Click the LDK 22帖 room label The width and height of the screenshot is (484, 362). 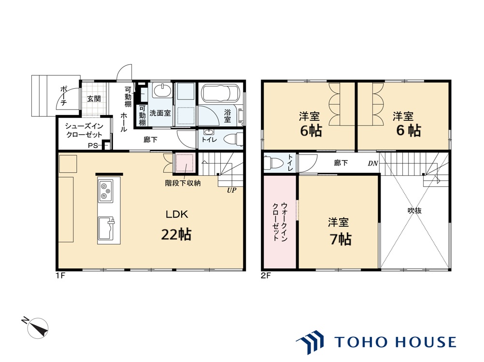click(x=177, y=225)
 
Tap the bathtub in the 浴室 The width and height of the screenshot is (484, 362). click(x=220, y=93)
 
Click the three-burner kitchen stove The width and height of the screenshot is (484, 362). click(x=106, y=191)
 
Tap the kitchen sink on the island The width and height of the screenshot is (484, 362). click(x=106, y=228)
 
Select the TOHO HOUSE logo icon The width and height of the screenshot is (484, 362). click(x=310, y=342)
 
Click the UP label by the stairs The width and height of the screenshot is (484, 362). click(x=231, y=190)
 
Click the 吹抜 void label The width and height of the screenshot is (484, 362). click(x=414, y=210)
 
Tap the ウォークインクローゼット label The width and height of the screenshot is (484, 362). click(x=280, y=222)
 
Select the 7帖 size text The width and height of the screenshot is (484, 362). click(x=341, y=239)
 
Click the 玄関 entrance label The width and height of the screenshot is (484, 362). click(x=94, y=98)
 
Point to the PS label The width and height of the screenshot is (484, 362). click(x=93, y=146)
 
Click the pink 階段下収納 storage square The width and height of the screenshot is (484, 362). click(x=185, y=163)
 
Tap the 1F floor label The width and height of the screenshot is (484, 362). click(x=60, y=275)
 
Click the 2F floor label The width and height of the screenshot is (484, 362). click(x=266, y=275)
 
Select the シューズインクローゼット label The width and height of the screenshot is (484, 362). click(x=84, y=130)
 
